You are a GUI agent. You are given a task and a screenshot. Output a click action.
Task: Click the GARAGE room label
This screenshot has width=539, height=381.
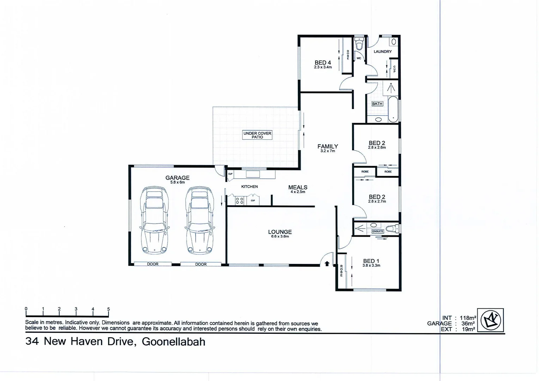click(177, 178)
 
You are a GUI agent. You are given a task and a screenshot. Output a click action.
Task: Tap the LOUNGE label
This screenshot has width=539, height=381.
click(280, 232)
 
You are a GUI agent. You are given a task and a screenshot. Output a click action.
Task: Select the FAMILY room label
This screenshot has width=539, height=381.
click(327, 146)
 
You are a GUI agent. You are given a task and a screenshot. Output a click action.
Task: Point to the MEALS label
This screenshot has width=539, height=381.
click(298, 187)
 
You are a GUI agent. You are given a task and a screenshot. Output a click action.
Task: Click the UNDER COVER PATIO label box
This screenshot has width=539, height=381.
click(257, 135)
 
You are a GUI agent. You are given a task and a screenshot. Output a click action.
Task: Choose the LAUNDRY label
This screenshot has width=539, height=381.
click(382, 52)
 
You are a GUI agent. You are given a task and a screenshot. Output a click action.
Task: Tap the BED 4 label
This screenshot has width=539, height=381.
click(323, 63)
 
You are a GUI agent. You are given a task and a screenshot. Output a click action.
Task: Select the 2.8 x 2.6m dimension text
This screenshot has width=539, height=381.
click(377, 147)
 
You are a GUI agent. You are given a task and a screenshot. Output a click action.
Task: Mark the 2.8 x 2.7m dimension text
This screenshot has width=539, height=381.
click(377, 201)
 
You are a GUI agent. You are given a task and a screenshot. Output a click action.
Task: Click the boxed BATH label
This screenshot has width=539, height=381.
click(377, 104)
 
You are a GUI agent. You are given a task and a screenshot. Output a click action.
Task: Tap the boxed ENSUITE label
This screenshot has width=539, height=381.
click(378, 231)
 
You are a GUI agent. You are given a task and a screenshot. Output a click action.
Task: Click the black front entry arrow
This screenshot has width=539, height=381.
click(327, 263)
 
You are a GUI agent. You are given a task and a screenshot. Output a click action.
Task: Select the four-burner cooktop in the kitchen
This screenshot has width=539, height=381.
click(239, 201)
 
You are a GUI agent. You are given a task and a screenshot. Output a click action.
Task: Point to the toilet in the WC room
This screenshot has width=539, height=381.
click(359, 45)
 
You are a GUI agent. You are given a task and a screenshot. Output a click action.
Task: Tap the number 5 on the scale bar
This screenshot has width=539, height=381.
click(108, 309)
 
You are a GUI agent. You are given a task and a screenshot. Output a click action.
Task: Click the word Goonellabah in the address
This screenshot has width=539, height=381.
click(173, 342)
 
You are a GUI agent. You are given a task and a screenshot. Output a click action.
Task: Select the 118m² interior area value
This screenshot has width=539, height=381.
click(468, 318)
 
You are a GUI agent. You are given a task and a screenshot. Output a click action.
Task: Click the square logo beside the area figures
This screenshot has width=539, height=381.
click(490, 320)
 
